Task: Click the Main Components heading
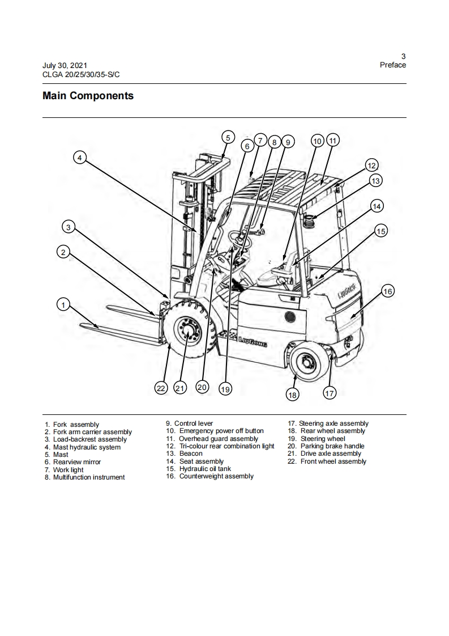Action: (x=88, y=96)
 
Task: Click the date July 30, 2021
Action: (x=65, y=66)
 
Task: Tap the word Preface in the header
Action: (x=392, y=65)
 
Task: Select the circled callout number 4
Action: (x=80, y=158)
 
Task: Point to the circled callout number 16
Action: (x=387, y=291)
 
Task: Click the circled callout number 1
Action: (x=63, y=305)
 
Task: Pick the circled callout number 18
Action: (x=292, y=395)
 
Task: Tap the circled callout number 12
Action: (x=371, y=166)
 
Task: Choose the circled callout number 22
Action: (x=161, y=388)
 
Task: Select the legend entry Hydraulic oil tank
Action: (x=204, y=469)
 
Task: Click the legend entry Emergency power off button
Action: (x=221, y=431)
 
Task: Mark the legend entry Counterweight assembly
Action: (x=216, y=476)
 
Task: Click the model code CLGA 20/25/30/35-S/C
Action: (x=81, y=74)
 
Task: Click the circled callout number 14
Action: (x=377, y=206)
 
